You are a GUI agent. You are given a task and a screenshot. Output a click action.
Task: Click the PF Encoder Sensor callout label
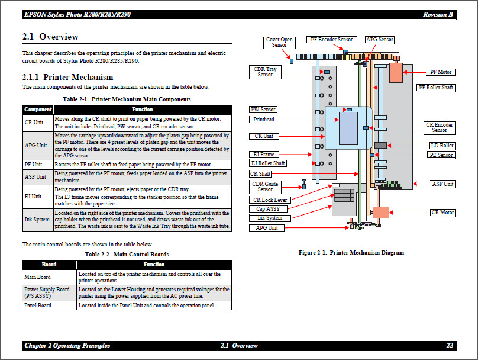(331, 40)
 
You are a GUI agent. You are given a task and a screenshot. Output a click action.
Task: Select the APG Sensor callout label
(379, 40)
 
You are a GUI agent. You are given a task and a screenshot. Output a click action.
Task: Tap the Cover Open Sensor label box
(279, 43)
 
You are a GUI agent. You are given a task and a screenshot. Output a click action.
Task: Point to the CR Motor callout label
(443, 213)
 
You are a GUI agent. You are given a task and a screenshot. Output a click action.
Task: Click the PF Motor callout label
(441, 72)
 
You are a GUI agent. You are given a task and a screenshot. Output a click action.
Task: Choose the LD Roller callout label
(442, 146)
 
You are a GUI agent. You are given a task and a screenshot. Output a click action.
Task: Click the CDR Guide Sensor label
(265, 187)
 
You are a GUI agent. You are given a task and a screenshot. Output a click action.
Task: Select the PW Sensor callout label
(263, 110)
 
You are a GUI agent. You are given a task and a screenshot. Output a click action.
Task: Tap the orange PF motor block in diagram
(396, 73)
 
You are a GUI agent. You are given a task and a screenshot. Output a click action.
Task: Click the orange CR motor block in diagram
(380, 213)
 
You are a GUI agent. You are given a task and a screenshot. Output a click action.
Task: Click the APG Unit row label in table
(35, 146)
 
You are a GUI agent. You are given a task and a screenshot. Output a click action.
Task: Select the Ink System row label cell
(37, 220)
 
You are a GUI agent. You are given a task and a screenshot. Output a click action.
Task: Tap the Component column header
(38, 110)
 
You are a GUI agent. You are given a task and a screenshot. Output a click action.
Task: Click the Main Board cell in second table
(37, 277)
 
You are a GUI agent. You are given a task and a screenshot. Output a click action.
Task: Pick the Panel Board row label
(37, 306)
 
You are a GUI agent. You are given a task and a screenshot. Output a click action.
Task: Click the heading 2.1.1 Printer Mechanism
(67, 77)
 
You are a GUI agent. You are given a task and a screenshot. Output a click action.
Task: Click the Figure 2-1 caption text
(351, 253)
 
